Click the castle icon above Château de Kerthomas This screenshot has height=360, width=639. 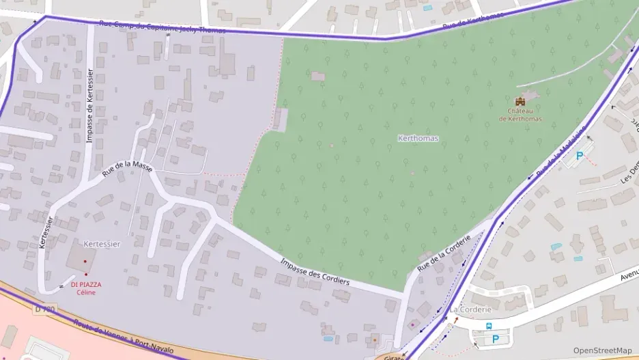(x=520, y=101)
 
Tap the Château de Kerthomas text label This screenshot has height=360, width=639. (x=520, y=115)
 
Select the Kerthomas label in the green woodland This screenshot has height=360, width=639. (x=418, y=138)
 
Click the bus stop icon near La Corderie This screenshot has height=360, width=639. (x=489, y=326)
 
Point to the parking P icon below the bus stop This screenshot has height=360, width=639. (x=496, y=339)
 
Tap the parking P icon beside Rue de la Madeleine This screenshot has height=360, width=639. (x=580, y=156)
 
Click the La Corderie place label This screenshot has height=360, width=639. (x=470, y=309)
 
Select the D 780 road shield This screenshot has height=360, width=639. (x=43, y=309)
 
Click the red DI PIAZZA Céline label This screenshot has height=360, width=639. (x=85, y=288)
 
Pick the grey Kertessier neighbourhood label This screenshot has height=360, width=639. (x=102, y=244)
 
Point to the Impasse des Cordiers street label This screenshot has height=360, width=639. (x=315, y=272)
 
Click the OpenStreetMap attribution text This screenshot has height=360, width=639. (x=602, y=350)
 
